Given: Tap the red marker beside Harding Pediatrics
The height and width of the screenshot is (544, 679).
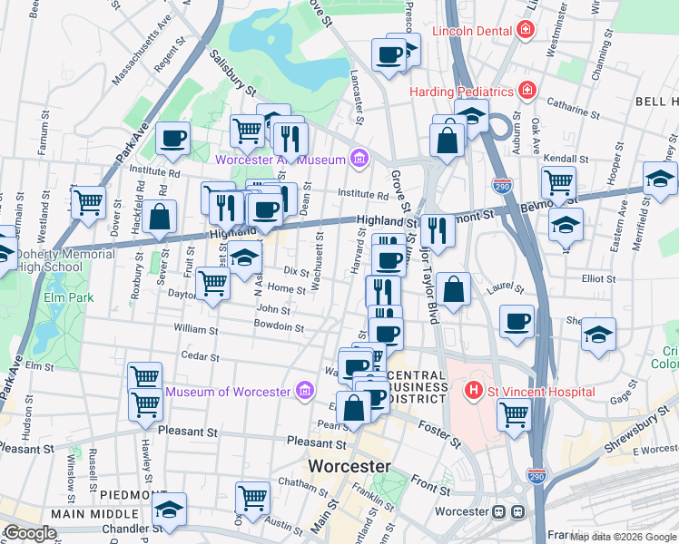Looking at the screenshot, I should click(526, 91).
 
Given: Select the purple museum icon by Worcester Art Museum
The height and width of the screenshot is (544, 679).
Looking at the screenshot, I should click(359, 160).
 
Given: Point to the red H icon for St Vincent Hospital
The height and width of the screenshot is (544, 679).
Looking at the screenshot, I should click(472, 392).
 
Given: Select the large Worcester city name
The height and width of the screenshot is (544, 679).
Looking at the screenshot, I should click(349, 466).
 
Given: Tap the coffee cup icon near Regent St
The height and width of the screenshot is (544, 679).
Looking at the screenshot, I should click(172, 139).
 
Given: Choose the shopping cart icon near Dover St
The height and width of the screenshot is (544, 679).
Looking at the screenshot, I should click(88, 202).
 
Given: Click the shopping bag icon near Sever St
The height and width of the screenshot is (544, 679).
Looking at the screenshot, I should click(160, 219).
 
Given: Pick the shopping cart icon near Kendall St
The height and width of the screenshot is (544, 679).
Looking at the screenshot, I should click(558, 181).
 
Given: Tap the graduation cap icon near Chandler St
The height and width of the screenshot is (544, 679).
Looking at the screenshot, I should click(169, 510).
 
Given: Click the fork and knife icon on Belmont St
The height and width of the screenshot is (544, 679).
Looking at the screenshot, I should click(438, 230).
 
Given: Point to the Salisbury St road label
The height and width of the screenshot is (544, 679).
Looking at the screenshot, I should click(233, 73).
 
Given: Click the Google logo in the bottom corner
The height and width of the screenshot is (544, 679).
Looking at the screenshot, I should click(30, 533).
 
